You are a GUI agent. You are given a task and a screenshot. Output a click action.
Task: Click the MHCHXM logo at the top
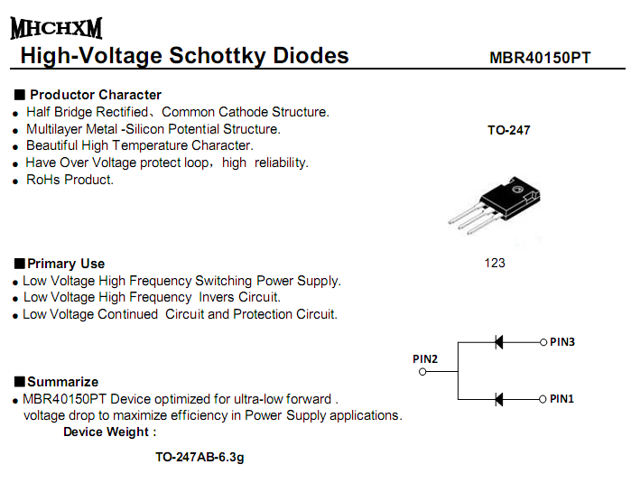[x=56, y=28]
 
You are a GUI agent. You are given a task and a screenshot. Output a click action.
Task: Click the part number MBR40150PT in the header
[x=540, y=58]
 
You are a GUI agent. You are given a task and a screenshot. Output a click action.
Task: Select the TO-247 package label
[x=509, y=130]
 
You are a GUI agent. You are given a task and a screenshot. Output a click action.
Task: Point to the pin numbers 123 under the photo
[x=495, y=263]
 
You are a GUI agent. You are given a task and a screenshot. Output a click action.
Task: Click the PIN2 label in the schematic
[x=425, y=358]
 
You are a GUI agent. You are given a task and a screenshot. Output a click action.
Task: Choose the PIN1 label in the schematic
[x=562, y=398]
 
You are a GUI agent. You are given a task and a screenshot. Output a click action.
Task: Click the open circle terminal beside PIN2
[x=422, y=371]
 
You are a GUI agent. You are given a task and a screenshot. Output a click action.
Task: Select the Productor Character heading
[x=95, y=95]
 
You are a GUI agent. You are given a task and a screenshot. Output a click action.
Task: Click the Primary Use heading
[x=66, y=264]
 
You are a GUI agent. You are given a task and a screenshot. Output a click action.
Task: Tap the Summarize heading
[x=62, y=381]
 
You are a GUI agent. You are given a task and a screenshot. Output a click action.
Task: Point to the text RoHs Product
[x=70, y=180]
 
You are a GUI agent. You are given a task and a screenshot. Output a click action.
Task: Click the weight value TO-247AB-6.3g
[x=200, y=457]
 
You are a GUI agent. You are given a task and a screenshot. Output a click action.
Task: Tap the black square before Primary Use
[x=19, y=264]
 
